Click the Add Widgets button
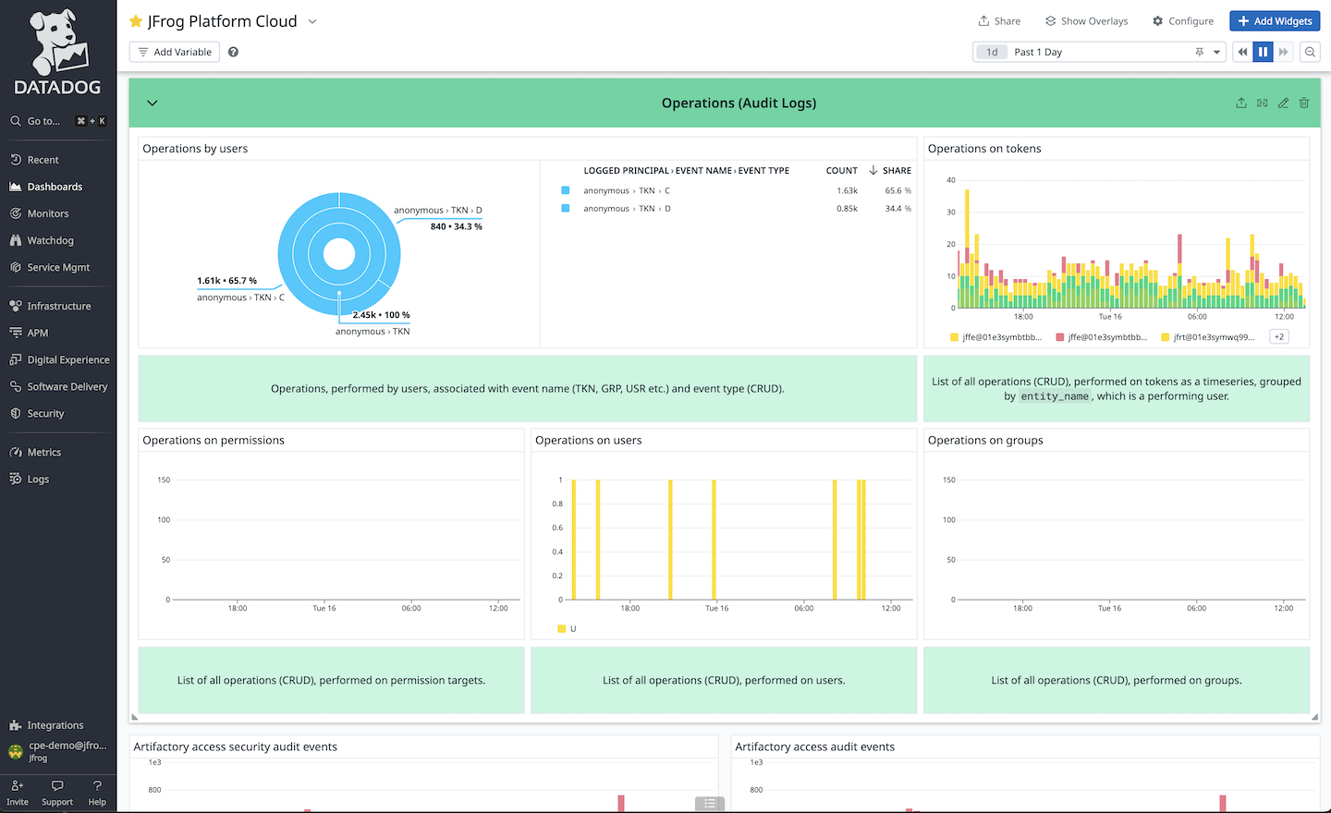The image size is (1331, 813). tap(1274, 21)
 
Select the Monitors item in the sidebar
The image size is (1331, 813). tap(47, 213)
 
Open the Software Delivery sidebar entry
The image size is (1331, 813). tap(67, 386)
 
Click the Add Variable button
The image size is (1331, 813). tap(175, 52)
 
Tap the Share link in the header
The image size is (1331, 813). tap(999, 21)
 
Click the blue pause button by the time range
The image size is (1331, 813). tap(1263, 52)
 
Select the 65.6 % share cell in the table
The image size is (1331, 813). tap(898, 191)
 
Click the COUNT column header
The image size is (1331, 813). tap(841, 171)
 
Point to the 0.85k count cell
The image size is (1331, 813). tap(847, 209)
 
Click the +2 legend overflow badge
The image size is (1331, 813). tap(1279, 337)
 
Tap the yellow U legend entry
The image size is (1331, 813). tap(567, 629)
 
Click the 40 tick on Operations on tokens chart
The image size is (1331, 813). tap(951, 180)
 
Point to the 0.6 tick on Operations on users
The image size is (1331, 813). tap(557, 528)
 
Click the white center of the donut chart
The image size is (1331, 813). tap(339, 254)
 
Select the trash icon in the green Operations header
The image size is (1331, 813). tap(1303, 103)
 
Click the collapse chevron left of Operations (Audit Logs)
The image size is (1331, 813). tap(153, 103)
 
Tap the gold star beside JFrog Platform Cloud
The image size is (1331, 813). tap(136, 21)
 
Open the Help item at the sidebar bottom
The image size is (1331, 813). tap(97, 793)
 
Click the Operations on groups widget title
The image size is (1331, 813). tap(984, 441)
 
